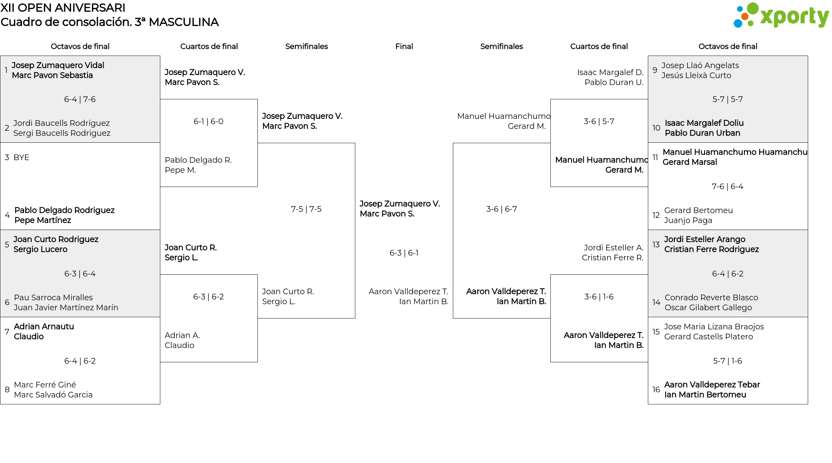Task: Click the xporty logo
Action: pyautogui.click(x=781, y=16)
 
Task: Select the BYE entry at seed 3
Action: pyautogui.click(x=21, y=158)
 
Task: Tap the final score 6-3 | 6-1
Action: pyautogui.click(x=404, y=253)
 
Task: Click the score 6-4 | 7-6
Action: pyautogui.click(x=80, y=99)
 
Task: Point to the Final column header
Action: pyautogui.click(x=404, y=46)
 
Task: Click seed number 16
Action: pyautogui.click(x=656, y=390)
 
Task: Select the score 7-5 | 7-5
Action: pyautogui.click(x=306, y=209)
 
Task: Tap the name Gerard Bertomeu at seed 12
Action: pyautogui.click(x=699, y=210)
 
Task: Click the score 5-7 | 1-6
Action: pyautogui.click(x=728, y=361)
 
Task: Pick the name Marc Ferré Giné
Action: pyautogui.click(x=45, y=385)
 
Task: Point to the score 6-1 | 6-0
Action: pyautogui.click(x=208, y=121)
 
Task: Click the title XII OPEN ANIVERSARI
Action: pyautogui.click(x=63, y=8)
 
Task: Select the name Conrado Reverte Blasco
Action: pyautogui.click(x=712, y=298)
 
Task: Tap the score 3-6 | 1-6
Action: pyautogui.click(x=599, y=297)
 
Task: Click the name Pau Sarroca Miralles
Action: pyautogui.click(x=53, y=298)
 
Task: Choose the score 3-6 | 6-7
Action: pyautogui.click(x=501, y=209)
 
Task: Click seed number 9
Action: pyautogui.click(x=655, y=70)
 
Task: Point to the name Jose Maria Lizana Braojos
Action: pyautogui.click(x=714, y=327)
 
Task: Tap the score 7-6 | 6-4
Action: pyautogui.click(x=728, y=187)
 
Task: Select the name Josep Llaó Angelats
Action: pyautogui.click(x=700, y=66)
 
